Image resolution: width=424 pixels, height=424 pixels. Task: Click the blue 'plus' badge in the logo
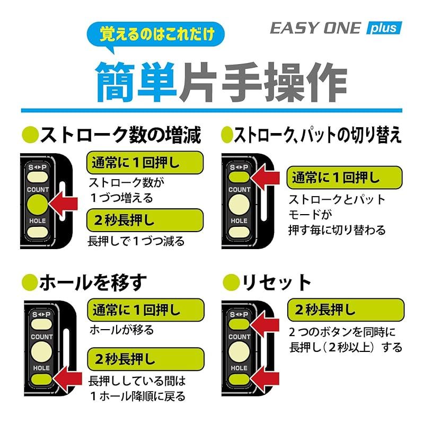coord(384,28)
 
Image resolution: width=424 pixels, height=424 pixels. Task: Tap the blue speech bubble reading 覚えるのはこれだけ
coord(155,34)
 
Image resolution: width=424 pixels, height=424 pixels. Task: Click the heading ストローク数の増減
coord(121,135)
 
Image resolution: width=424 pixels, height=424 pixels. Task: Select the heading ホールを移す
coord(93,282)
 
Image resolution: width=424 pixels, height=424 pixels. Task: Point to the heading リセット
coord(276,282)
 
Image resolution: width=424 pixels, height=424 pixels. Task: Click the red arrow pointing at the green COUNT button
coord(63,204)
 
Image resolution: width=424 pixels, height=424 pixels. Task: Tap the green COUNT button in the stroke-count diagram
coord(38,205)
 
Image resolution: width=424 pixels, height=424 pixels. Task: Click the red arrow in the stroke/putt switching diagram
coord(264,178)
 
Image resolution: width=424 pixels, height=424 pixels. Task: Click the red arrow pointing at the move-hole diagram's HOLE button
coord(67,379)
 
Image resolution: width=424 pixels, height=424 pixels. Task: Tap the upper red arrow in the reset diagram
coord(264,324)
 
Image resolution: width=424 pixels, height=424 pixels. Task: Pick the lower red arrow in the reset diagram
coord(264,378)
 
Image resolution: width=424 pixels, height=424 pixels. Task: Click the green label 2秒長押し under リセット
coord(346,310)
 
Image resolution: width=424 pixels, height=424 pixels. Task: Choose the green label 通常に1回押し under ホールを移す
coord(145,310)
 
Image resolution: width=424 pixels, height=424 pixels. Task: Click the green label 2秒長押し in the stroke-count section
coord(145,220)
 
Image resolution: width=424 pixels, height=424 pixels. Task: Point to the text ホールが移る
coord(122,330)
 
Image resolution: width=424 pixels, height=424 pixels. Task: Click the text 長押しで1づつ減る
coord(136,241)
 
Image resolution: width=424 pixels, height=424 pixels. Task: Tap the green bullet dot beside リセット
coord(231,282)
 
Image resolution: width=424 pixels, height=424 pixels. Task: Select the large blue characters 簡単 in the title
coord(137,82)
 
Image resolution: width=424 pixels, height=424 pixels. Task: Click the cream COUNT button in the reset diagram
coord(239,351)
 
